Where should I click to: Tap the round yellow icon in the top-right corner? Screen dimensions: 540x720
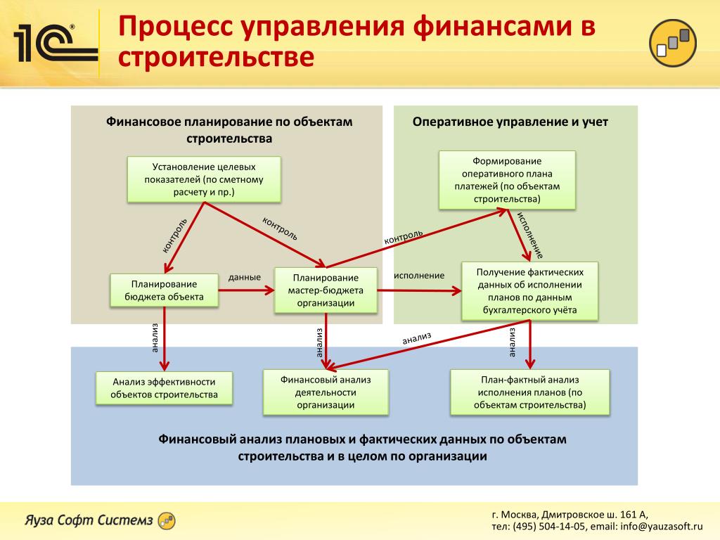coord(674,43)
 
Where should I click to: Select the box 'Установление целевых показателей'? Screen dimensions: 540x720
coord(204,179)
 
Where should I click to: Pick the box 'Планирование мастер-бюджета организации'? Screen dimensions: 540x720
coord(325,290)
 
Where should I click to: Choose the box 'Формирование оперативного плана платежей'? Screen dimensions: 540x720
coord(506,180)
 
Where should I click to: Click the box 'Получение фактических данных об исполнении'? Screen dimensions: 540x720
coord(530,290)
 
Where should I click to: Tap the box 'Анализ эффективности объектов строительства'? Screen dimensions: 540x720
coord(164,388)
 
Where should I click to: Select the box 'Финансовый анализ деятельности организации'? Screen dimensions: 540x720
coord(325,392)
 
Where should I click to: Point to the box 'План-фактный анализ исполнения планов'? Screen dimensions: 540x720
coord(529,392)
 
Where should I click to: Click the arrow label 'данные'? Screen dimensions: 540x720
coord(245,277)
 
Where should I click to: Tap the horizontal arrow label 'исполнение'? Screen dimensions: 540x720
coord(419,276)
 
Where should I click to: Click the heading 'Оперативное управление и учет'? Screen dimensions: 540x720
coord(510,122)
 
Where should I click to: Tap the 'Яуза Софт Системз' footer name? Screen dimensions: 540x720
coord(89,520)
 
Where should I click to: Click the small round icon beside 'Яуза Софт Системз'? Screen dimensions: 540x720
coord(167,521)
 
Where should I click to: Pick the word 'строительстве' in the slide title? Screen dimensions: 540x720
coord(215,58)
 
